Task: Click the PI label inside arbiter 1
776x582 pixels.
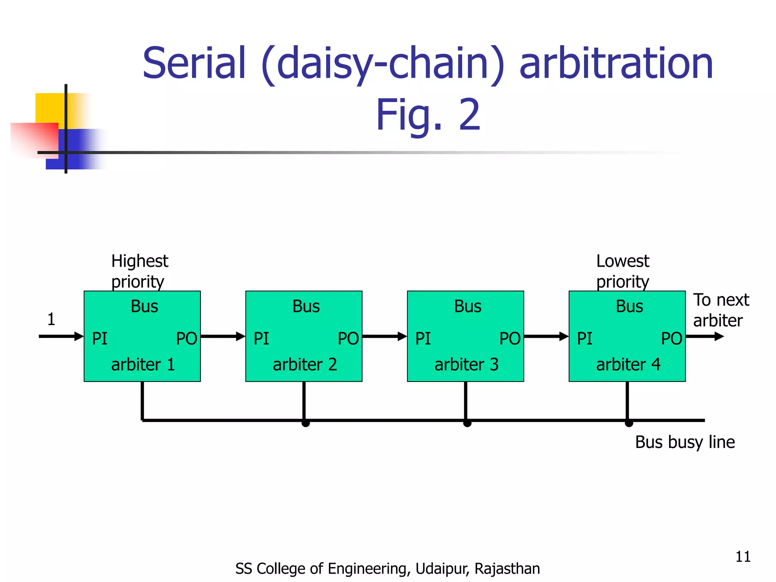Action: (x=100, y=338)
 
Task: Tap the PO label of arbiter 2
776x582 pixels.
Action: (x=348, y=338)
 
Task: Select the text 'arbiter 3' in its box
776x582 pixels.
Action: (x=466, y=365)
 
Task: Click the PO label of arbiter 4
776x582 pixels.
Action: (x=671, y=338)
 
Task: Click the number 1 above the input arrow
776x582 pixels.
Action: (x=51, y=319)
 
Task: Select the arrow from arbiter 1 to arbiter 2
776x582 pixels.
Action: (x=223, y=336)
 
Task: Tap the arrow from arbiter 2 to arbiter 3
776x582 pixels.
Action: (x=384, y=336)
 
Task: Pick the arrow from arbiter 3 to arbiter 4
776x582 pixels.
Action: (x=546, y=336)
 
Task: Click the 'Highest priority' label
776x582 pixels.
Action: (x=139, y=271)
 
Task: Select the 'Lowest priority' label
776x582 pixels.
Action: (x=623, y=271)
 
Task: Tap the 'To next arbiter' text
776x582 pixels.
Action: (x=721, y=310)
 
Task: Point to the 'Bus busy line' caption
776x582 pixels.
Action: (x=685, y=442)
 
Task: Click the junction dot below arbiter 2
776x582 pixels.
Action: (x=306, y=423)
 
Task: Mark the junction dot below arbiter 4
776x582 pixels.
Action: (x=629, y=423)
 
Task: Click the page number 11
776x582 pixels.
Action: (x=743, y=557)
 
